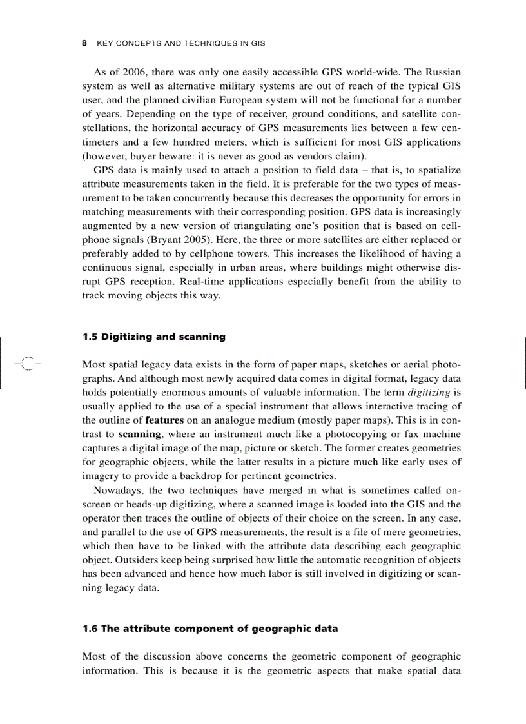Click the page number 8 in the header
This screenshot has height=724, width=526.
pos(84,44)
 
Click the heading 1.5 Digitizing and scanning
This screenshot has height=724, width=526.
pos(154,337)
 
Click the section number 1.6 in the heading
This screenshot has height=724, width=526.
pos(90,628)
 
